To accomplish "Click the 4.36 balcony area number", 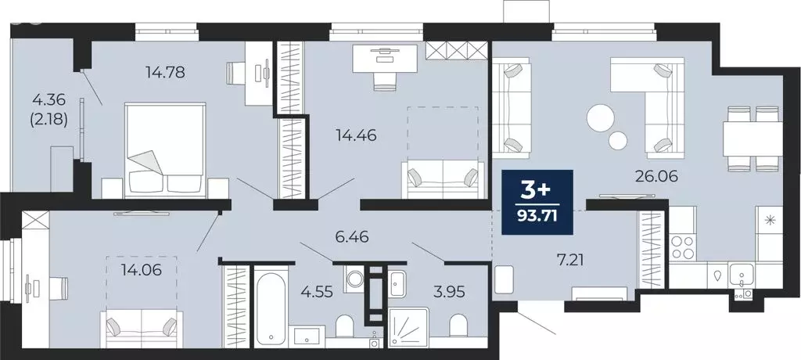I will pyautogui.click(x=48, y=100).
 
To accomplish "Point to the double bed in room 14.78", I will pyautogui.click(x=165, y=152).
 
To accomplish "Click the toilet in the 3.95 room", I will pyautogui.click(x=459, y=328).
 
